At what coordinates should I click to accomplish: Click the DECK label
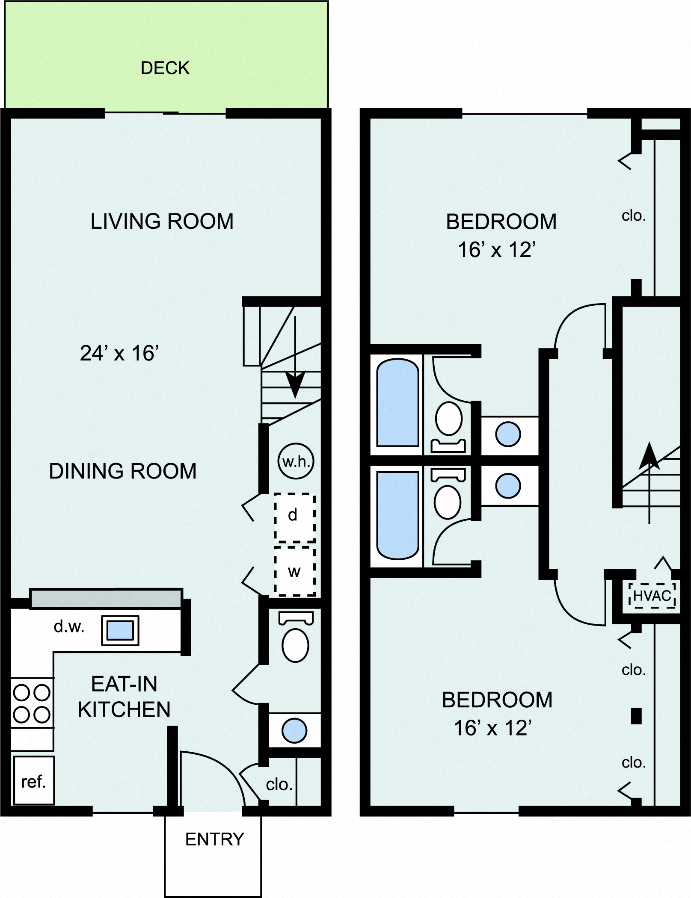point(165,68)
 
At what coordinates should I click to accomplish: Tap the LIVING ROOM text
point(162,222)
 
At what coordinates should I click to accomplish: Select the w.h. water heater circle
point(296,462)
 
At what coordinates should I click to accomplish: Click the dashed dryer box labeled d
point(294,518)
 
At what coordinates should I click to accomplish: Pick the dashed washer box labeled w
point(294,571)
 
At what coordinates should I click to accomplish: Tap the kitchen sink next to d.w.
point(120,630)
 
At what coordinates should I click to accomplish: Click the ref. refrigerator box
point(33,782)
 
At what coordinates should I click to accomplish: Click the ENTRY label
point(214,839)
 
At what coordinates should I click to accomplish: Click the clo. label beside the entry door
point(279,784)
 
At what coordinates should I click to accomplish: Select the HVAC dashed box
point(652,596)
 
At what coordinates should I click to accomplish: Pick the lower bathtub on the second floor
point(397,515)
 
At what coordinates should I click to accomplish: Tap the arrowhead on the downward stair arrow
point(295,382)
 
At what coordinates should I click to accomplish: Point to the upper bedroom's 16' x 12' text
point(496,250)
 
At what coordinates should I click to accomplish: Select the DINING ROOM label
point(123,471)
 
